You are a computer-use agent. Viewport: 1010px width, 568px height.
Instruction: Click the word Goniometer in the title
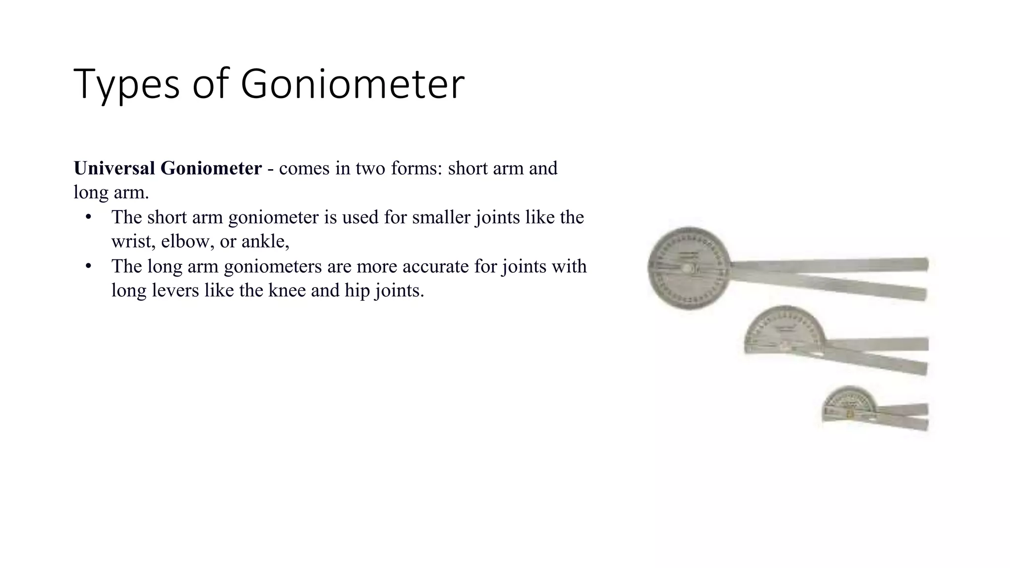352,84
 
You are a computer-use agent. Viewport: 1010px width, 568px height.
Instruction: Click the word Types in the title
126,84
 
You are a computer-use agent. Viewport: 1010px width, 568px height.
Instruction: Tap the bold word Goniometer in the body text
211,168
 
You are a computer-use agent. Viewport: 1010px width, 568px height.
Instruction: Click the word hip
357,290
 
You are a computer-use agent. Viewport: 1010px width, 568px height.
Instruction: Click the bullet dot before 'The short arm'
89,217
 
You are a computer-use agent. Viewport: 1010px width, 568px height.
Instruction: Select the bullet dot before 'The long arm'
89,266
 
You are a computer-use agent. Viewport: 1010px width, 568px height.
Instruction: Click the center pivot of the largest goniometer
687,268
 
